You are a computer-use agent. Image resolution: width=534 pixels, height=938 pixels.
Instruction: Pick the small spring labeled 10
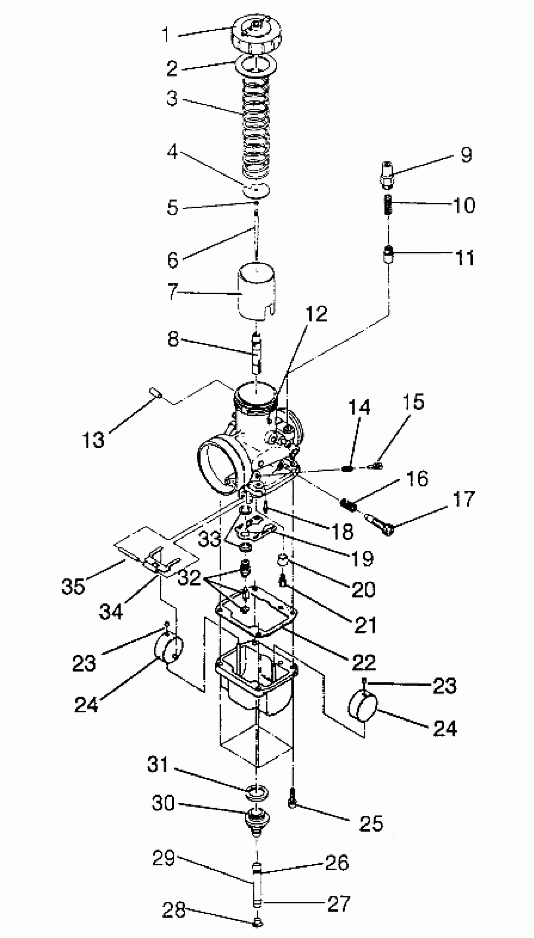pos(388,204)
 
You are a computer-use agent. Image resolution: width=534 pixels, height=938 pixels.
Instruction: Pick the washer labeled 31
pos(257,793)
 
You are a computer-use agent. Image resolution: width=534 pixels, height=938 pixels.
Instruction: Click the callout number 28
pos(173,909)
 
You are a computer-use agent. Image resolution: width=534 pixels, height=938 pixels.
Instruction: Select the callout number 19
pos(362,558)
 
